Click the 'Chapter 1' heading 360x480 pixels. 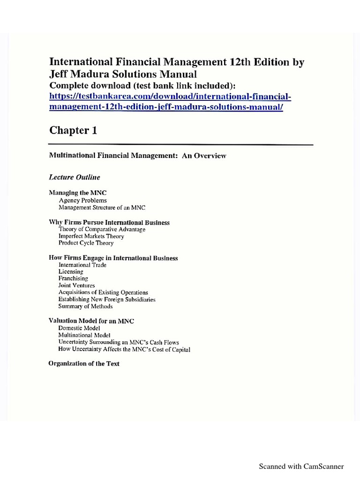point(73,131)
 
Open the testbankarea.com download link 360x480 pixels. point(170,102)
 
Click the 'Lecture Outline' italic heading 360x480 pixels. point(75,177)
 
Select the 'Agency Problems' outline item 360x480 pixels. point(83,200)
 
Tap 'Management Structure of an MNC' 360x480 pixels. point(103,207)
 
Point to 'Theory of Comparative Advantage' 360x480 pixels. point(102,229)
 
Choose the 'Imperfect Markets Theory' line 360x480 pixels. point(91,236)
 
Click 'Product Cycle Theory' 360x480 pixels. point(86,243)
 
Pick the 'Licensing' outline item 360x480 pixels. point(71,272)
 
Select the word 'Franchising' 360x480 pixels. point(73,278)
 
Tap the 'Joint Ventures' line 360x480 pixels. point(76,285)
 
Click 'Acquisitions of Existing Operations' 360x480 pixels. point(103,292)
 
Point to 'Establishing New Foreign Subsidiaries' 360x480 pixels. point(107,299)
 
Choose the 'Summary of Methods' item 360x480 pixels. point(85,306)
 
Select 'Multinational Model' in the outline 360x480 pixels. point(84,335)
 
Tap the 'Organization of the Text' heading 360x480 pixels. point(84,363)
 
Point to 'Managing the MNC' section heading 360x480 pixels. point(75,193)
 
